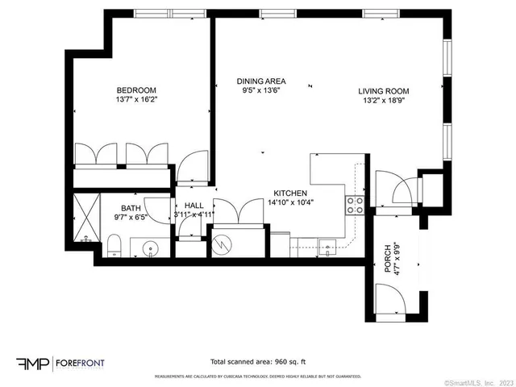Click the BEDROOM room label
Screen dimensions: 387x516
click(x=136, y=90)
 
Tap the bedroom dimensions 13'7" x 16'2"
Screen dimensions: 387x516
click(x=136, y=101)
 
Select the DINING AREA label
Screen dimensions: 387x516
click(x=261, y=81)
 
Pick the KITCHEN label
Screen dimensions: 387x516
click(x=290, y=193)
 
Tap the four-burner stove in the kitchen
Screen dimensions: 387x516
click(x=355, y=205)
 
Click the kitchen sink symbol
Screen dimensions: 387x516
click(x=327, y=246)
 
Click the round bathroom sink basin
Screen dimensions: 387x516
click(x=148, y=248)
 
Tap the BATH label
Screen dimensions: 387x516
click(x=131, y=207)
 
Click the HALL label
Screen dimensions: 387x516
click(x=193, y=206)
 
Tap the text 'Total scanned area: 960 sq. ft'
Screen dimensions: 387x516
click(x=258, y=362)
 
